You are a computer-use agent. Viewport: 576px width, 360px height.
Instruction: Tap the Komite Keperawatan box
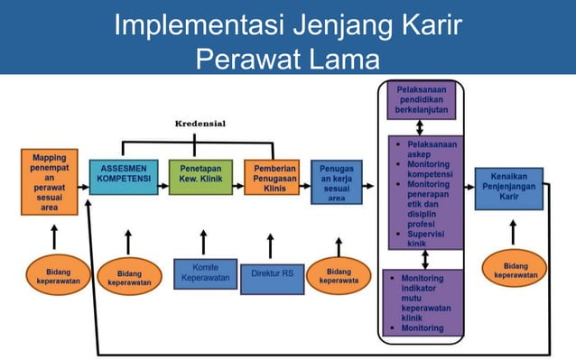(205, 273)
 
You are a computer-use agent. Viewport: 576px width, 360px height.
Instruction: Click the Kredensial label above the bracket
(200, 123)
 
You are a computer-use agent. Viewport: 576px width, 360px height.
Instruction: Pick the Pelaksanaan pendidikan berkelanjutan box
(423, 100)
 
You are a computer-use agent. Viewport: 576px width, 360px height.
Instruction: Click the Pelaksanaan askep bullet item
(430, 149)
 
